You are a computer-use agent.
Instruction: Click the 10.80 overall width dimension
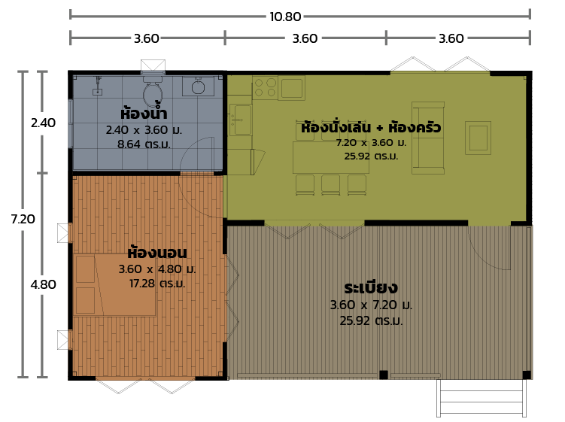285,16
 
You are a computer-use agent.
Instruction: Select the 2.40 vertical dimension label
43,123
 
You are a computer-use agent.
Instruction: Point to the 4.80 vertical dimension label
43,285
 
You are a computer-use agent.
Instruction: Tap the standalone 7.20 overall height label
23,219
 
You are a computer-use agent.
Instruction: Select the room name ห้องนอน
157,252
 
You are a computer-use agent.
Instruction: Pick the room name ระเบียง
371,287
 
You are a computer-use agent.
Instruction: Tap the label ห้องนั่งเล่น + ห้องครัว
371,128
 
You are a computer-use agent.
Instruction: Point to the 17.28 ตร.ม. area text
157,284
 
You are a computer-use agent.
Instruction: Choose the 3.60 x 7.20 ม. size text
371,305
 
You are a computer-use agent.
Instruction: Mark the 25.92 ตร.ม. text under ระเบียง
371,320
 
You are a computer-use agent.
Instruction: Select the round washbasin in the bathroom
199,87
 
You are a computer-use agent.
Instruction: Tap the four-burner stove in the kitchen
265,87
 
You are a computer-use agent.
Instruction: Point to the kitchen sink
241,119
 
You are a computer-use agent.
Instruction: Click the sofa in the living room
427,135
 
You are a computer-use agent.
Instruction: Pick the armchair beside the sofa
478,138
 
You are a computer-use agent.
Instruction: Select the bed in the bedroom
114,284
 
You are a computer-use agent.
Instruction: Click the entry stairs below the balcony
481,399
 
